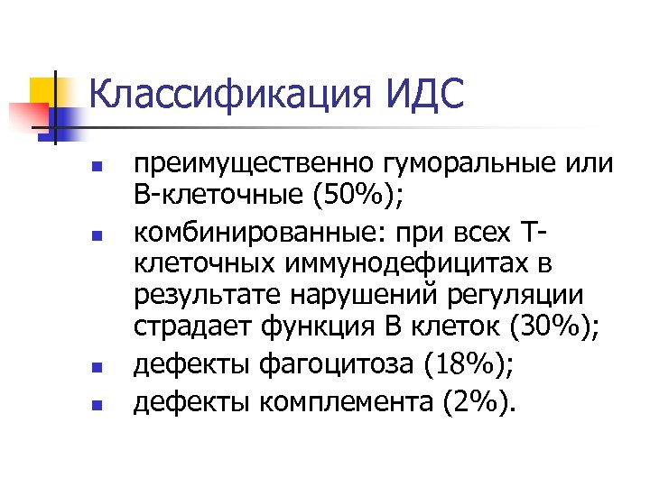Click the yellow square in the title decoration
click(x=42, y=89)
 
